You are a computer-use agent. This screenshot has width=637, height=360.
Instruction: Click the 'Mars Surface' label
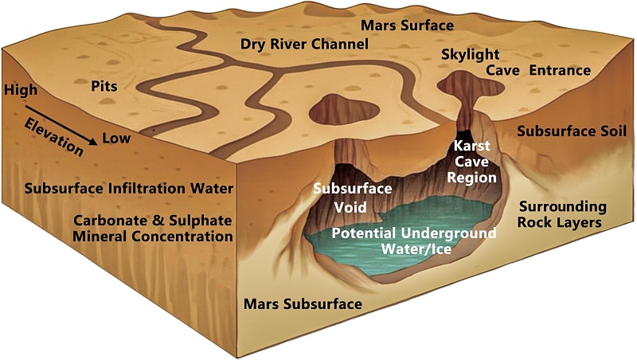(407, 25)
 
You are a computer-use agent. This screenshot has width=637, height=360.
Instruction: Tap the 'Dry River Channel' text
(304, 44)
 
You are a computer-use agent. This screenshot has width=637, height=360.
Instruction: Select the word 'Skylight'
(471, 55)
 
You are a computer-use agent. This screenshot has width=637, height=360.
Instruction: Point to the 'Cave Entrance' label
(539, 70)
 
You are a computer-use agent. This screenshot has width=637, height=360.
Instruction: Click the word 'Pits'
(104, 86)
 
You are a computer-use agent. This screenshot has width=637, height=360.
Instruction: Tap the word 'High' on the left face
(21, 90)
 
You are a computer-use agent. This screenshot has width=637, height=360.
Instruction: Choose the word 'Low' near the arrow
(116, 138)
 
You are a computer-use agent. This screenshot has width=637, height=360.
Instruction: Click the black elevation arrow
(61, 125)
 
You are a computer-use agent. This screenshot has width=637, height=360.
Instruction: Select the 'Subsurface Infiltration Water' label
(129, 189)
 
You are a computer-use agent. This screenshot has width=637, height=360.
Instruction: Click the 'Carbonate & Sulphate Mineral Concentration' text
(153, 229)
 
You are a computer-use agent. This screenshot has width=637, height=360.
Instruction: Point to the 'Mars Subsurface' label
(303, 304)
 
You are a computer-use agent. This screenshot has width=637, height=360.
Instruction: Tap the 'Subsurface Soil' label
(572, 131)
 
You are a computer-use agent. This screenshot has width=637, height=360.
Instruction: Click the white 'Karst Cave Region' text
(471, 162)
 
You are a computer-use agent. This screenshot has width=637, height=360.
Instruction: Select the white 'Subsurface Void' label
(353, 198)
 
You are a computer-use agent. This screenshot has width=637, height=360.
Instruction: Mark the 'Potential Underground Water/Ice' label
(414, 241)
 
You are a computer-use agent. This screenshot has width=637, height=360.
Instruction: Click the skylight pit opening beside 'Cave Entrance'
(471, 84)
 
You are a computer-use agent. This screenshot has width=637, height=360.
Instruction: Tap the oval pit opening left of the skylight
(344, 109)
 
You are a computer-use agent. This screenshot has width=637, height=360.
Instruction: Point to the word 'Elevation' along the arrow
(53, 137)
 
